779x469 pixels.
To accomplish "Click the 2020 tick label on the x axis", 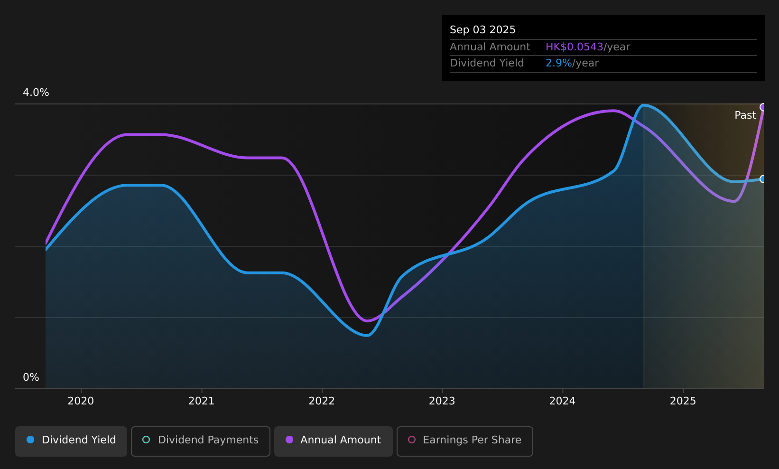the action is [x=81, y=401].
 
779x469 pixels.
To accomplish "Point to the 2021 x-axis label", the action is [x=201, y=401].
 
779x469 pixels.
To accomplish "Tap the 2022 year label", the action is [x=322, y=401].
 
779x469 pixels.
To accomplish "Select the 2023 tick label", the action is [x=442, y=401].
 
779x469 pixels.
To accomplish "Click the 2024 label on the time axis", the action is [x=562, y=401].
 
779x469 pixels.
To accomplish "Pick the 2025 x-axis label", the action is [x=683, y=401].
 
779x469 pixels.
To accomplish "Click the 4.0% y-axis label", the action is [x=36, y=93].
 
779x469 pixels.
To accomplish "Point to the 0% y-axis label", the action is [x=31, y=377].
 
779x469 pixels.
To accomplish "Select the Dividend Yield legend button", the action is [x=71, y=441].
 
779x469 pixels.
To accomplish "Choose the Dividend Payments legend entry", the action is [x=201, y=441].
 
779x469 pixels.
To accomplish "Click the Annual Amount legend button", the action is [x=334, y=441].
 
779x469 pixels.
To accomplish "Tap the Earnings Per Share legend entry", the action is [x=465, y=441].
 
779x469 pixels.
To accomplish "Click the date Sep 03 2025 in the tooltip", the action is [x=482, y=30].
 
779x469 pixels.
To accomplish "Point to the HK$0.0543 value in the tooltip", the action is [x=574, y=47].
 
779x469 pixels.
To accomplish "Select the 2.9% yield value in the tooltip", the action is [x=558, y=63].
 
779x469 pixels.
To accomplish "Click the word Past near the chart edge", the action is [x=745, y=115].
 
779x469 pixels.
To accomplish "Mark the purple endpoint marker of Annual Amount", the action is [x=763, y=107].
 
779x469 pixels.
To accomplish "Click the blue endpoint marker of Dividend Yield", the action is [x=763, y=179].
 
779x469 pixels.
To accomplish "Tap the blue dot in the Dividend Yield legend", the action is [x=30, y=440].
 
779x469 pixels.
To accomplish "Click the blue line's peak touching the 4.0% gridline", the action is [x=644, y=105].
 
